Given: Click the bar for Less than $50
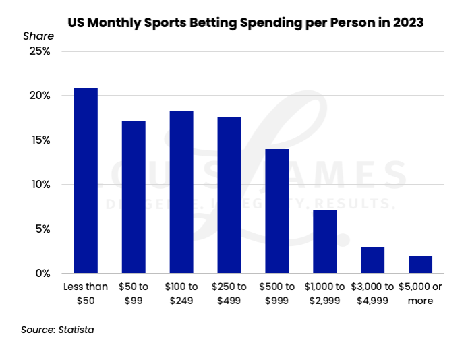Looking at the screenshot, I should [x=86, y=180].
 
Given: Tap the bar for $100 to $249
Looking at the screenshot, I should [x=181, y=191].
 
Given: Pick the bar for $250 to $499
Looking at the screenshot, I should [x=229, y=195].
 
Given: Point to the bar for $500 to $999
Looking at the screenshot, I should [x=276, y=210].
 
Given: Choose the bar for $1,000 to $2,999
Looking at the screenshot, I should [x=324, y=241].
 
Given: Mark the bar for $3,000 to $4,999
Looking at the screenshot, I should [x=372, y=260].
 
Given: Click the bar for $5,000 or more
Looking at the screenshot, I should [x=420, y=264].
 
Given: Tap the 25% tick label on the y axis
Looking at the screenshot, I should [x=39, y=51].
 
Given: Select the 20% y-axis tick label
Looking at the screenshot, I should [x=39, y=96].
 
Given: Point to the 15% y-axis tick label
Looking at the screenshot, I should [x=39, y=140].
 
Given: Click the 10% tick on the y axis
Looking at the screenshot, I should [x=39, y=185].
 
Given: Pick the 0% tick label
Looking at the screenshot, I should [x=42, y=273].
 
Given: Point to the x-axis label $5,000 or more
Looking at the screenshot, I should [x=420, y=293].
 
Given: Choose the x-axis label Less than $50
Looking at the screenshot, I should [x=86, y=293].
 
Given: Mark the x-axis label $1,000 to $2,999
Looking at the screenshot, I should [x=324, y=293].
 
